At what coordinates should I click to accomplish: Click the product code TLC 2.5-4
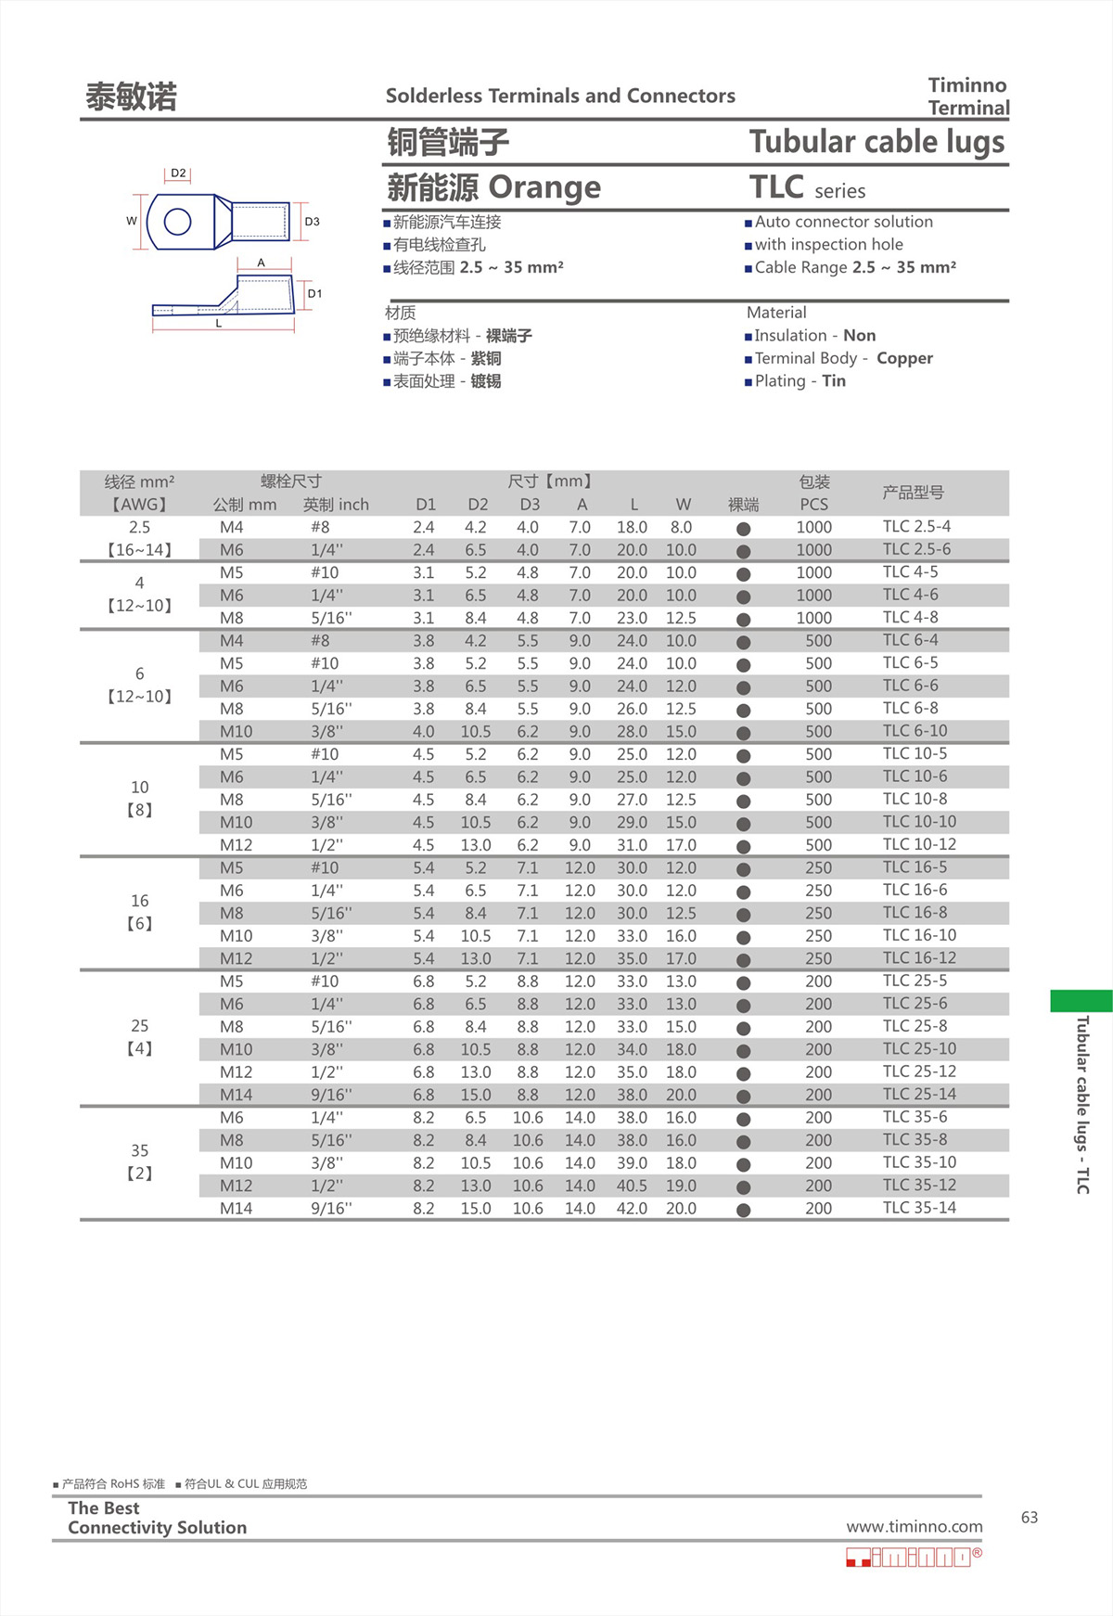tap(915, 526)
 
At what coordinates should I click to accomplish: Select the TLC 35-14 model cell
tap(918, 1207)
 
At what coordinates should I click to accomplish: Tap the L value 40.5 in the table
tap(632, 1186)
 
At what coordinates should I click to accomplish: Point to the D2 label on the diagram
tap(178, 173)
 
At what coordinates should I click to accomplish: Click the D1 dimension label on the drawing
tap(314, 293)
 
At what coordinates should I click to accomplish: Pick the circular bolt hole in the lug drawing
tap(177, 222)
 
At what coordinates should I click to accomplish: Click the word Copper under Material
tap(904, 358)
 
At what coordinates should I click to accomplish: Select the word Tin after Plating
tap(833, 380)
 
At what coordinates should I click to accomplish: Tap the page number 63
tap(1029, 1517)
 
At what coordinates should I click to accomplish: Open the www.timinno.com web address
tap(914, 1526)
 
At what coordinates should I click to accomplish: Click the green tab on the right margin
tap(1081, 1000)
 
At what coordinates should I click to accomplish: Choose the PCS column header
tap(813, 504)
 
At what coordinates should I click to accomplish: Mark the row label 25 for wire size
tap(139, 1025)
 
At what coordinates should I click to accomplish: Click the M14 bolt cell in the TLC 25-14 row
tap(236, 1095)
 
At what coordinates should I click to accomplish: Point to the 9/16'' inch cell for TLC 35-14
tap(330, 1208)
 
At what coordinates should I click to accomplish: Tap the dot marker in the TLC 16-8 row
tap(743, 915)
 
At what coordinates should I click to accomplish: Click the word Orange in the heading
tap(544, 187)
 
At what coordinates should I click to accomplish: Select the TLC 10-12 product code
tap(918, 844)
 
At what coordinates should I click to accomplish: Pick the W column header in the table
tap(683, 504)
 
